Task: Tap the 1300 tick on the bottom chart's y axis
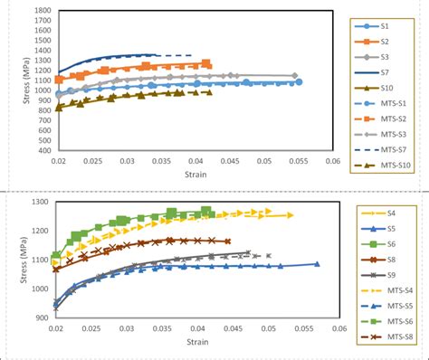[x=39, y=202]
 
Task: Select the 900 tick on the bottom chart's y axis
[x=42, y=317]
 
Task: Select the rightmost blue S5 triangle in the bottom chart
[x=317, y=264]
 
